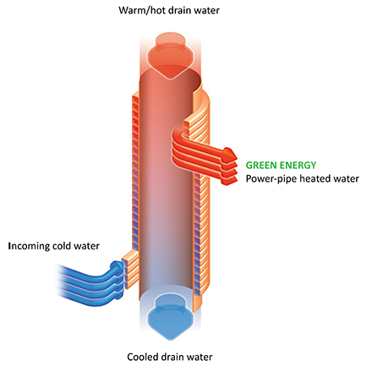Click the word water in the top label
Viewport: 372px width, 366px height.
tap(205, 11)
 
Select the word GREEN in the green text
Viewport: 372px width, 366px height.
tap(260, 165)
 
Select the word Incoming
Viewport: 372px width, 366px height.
tap(29, 246)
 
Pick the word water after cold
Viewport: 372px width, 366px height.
tap(86, 246)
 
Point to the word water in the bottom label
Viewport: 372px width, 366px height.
tap(198, 358)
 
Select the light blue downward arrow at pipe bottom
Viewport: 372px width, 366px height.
tap(170, 314)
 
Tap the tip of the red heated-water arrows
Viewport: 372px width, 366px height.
tap(236, 155)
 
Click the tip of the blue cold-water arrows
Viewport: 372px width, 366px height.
tap(123, 265)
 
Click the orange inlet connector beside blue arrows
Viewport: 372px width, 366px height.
tap(130, 269)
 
